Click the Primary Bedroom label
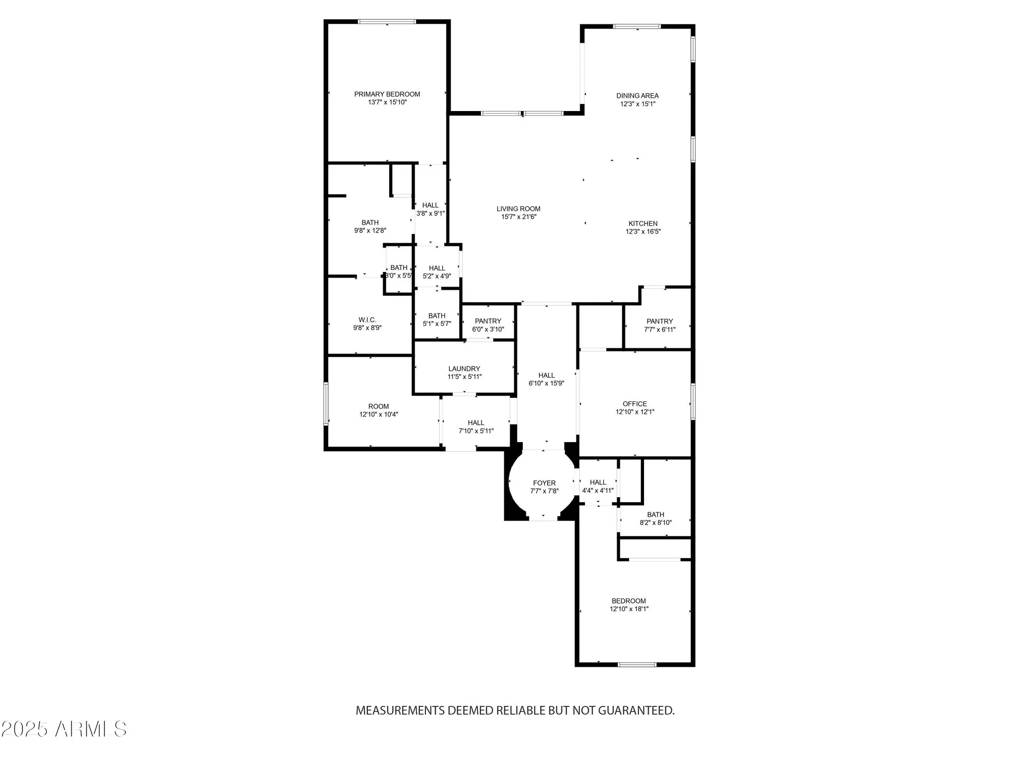pyautogui.click(x=387, y=94)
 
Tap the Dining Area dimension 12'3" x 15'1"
pyautogui.click(x=637, y=104)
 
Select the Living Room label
pyautogui.click(x=518, y=209)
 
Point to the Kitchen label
pyautogui.click(x=642, y=224)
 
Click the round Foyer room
pyautogui.click(x=544, y=487)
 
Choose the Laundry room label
pyautogui.click(x=464, y=369)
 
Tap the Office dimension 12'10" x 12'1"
pyautogui.click(x=635, y=412)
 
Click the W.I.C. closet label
pyautogui.click(x=367, y=320)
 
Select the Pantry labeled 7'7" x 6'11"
pyautogui.click(x=660, y=325)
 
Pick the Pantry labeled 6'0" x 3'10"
pyautogui.click(x=488, y=325)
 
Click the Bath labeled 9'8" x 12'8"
pyautogui.click(x=370, y=227)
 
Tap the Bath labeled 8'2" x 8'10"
pyautogui.click(x=656, y=519)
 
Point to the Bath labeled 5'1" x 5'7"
pyautogui.click(x=437, y=319)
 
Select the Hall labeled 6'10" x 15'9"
pyautogui.click(x=546, y=379)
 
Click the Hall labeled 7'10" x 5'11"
pyautogui.click(x=476, y=427)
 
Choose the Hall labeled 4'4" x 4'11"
pyautogui.click(x=598, y=486)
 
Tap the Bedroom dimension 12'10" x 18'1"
pyautogui.click(x=629, y=609)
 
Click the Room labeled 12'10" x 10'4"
pyautogui.click(x=379, y=411)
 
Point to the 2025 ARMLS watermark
pyautogui.click(x=64, y=729)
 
